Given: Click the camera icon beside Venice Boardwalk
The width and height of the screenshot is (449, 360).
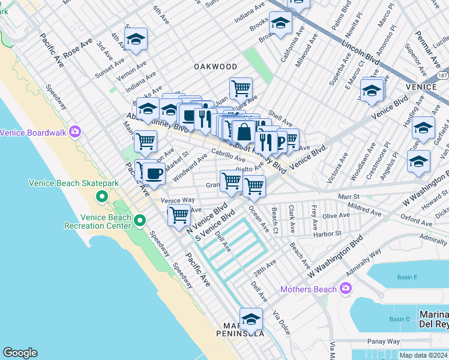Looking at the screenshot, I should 75,131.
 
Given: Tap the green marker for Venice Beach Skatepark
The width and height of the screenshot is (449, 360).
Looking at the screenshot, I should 102,196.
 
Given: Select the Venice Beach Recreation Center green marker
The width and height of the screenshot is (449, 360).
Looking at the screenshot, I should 140,221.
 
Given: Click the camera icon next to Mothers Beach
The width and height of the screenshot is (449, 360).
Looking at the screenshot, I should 345,289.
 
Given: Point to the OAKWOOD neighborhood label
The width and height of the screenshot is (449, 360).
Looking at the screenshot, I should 215,67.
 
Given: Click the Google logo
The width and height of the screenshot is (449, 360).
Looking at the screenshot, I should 20,353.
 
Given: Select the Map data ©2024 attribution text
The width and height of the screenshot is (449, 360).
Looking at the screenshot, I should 423,355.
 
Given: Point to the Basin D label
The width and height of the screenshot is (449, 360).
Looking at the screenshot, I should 399,319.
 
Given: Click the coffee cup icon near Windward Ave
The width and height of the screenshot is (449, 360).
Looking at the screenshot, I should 153,174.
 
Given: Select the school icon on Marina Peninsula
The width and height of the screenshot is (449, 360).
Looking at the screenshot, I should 251,318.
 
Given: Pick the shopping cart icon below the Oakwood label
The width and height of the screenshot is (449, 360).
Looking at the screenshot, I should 241,88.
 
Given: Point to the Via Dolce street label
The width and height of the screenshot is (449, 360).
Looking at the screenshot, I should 280,322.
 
